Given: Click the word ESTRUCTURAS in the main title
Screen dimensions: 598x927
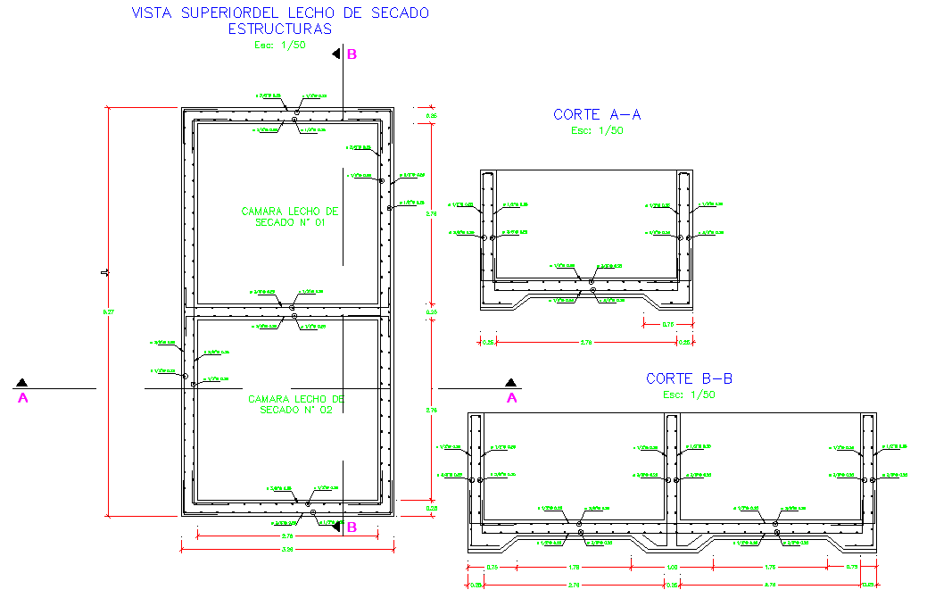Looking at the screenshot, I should [279, 29].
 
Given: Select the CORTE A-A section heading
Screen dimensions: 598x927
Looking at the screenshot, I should [597, 114].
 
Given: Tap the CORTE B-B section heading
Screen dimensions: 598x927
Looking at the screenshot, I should [689, 378].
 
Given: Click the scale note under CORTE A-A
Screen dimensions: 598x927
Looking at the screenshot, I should [597, 130].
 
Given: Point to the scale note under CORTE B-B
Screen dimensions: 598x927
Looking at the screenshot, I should [689, 395].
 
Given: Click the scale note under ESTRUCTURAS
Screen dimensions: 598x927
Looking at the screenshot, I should [280, 45].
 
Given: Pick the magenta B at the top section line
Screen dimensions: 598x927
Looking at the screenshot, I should [352, 54].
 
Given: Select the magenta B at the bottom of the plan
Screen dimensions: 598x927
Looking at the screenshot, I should [351, 527].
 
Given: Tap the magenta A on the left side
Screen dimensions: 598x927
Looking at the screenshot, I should [23, 398].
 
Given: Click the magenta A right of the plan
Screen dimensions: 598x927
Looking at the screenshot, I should [512, 398].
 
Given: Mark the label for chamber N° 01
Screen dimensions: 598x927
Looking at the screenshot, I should [290, 217].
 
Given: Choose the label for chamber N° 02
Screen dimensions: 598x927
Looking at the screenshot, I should [295, 404].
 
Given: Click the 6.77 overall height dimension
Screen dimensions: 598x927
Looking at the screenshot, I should [109, 311].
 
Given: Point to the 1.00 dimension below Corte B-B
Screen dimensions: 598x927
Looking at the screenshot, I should [672, 567].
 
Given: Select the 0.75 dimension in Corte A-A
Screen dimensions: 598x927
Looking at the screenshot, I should [667, 325].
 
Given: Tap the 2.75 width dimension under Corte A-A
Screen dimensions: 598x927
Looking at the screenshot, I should [586, 342].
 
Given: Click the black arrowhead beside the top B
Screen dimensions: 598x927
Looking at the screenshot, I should [336, 54].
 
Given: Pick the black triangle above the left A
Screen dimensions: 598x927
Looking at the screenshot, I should [20, 383].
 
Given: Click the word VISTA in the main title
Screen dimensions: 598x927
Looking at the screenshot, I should [151, 12].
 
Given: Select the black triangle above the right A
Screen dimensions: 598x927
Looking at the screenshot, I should [510, 383].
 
